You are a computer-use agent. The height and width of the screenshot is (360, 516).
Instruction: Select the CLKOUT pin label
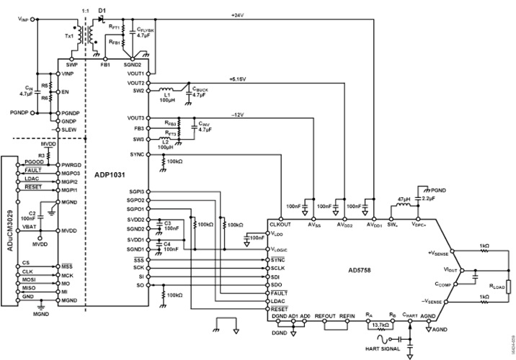(x=280, y=225)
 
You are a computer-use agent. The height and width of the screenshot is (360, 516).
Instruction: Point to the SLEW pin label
(x=69, y=129)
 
